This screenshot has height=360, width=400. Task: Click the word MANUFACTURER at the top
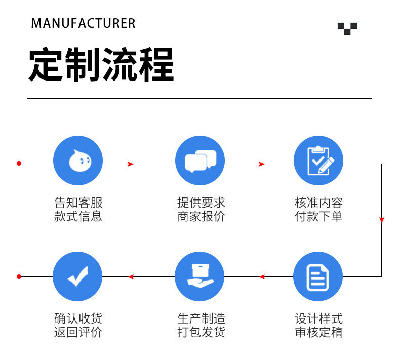[84, 23]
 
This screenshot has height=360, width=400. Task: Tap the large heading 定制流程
[101, 65]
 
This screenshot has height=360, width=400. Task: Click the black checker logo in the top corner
[347, 28]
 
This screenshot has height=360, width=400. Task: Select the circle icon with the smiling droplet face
[78, 161]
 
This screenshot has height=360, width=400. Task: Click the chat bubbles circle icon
[200, 161]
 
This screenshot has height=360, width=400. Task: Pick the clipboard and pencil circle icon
[318, 161]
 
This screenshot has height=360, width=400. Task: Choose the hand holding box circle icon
[199, 276]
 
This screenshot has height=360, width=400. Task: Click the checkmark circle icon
[77, 276]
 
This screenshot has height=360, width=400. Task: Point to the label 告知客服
[78, 203]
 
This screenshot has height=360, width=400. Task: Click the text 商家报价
[201, 217]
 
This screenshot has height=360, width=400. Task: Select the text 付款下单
[319, 217]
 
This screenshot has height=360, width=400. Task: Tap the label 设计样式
[319, 319]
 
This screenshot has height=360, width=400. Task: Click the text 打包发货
[201, 333]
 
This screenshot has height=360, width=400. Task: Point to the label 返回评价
[78, 333]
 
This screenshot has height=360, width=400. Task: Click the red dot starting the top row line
[19, 164]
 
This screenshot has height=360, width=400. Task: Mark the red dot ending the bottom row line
[19, 276]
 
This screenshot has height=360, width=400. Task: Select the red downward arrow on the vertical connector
[382, 220]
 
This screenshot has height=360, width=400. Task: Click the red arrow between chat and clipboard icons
[261, 164]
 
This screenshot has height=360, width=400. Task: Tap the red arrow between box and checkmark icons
[131, 276]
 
